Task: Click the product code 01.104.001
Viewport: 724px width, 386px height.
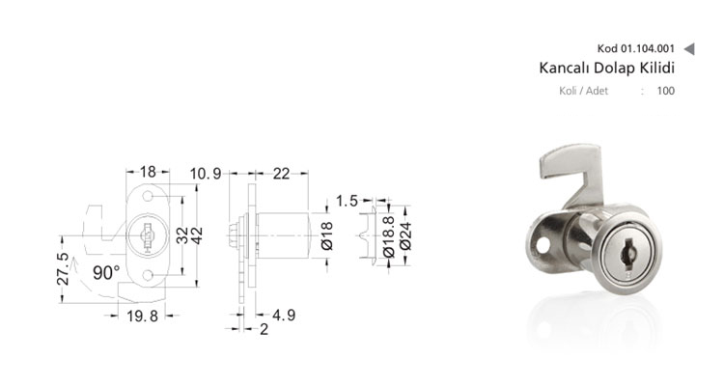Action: (x=648, y=48)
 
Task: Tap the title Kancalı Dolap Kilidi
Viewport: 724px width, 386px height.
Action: (x=607, y=68)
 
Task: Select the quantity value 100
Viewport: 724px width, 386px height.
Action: (x=665, y=91)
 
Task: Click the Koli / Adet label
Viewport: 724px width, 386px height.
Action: (x=583, y=91)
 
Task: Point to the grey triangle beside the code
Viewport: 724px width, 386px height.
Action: (x=689, y=48)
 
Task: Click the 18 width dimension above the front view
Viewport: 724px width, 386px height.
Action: (x=148, y=172)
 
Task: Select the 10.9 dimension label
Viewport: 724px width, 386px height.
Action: (x=206, y=174)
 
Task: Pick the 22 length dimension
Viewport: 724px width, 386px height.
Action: (x=281, y=174)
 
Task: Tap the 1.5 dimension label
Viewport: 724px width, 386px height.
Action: (x=347, y=201)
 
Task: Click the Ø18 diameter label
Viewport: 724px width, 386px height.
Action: (x=326, y=235)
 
